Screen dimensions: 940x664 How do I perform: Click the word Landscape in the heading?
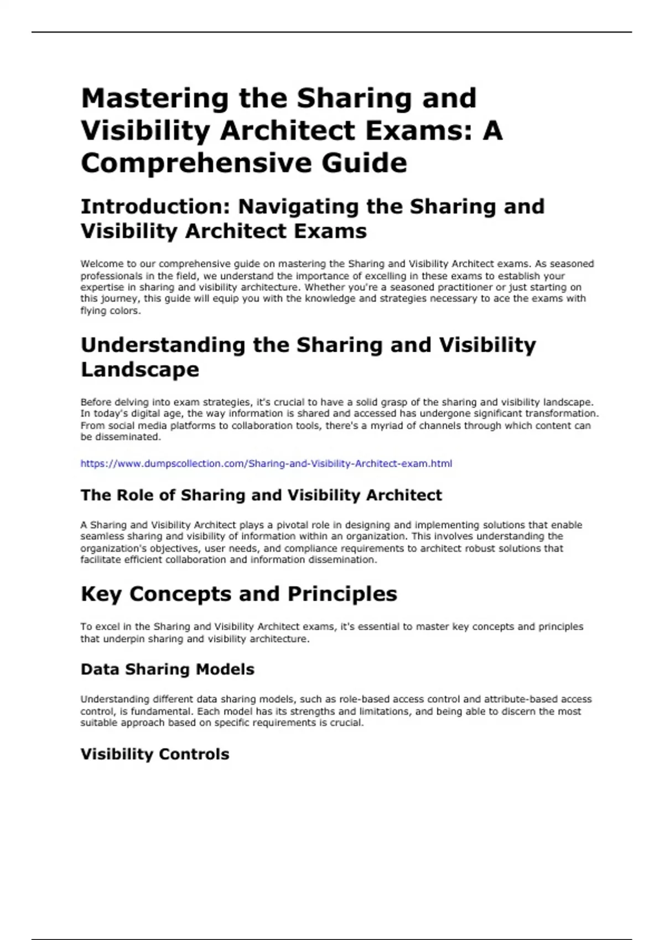point(140,369)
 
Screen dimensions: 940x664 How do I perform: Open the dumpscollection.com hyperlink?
point(266,463)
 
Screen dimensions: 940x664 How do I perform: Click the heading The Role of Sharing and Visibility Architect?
point(261,495)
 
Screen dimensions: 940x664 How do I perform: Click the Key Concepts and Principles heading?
point(239,594)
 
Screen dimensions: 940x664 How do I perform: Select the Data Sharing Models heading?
point(168,669)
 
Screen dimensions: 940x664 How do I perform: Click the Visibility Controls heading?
point(155,754)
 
